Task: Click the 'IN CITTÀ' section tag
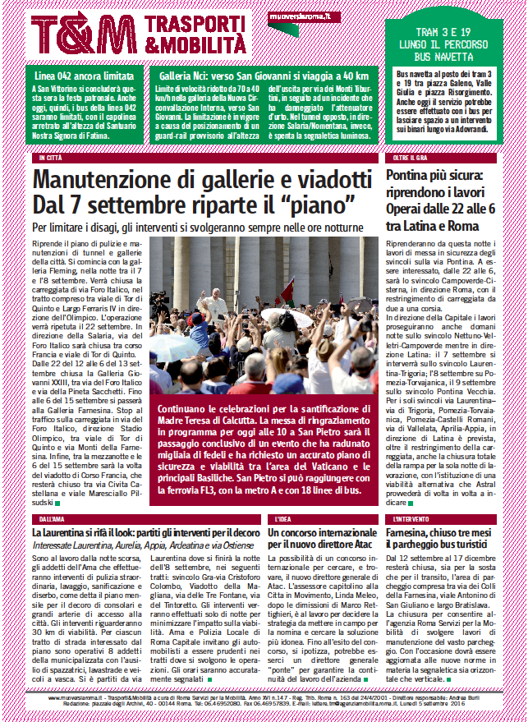(x=49, y=157)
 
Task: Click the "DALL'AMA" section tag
(x=51, y=519)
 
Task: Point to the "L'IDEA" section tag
(x=282, y=519)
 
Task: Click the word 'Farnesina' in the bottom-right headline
(x=415, y=534)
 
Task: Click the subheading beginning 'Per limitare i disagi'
(x=197, y=227)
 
